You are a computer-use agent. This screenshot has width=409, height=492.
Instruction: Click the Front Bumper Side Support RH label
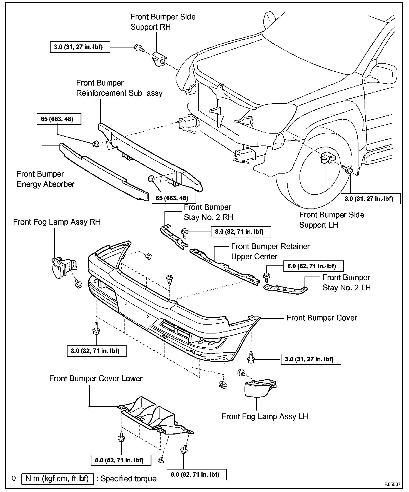163,22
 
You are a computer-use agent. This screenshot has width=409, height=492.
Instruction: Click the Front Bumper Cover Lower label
96,379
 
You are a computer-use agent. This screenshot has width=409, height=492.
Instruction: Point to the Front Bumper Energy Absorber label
45,179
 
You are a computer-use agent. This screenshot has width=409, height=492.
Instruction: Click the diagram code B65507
392,484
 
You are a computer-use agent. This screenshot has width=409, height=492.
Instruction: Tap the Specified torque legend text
128,479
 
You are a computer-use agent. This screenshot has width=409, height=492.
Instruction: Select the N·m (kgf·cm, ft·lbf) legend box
57,479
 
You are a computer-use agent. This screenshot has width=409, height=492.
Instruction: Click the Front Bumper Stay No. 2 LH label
346,283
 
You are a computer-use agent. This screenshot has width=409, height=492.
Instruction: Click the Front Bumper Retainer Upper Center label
270,251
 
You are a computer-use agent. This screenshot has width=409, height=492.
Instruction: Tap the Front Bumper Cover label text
321,318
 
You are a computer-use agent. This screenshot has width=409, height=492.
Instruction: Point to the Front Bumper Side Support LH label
331,220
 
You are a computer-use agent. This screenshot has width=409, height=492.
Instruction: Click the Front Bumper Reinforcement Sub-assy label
119,88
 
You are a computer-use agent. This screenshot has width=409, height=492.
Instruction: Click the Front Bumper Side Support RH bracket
159,59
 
